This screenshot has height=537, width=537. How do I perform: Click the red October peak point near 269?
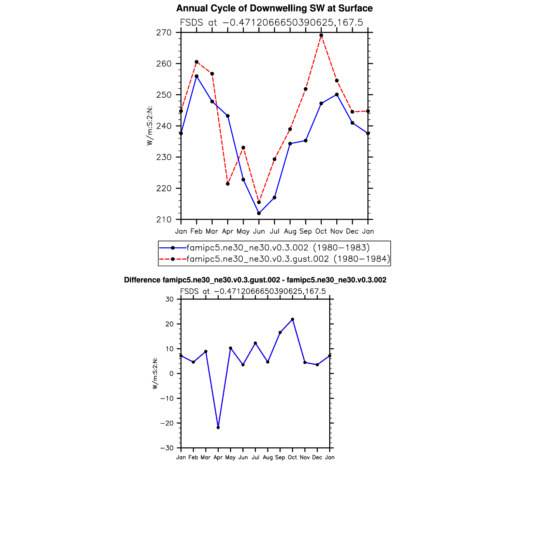[x=321, y=35]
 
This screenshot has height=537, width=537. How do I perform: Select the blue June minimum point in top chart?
[x=259, y=213]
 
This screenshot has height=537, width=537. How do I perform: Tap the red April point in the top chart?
[x=228, y=184]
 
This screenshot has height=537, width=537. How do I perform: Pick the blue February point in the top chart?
[x=197, y=76]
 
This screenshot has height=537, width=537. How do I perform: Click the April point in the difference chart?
[x=218, y=427]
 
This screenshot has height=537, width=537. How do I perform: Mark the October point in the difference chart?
[x=292, y=319]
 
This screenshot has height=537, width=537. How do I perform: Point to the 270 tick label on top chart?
[x=164, y=33]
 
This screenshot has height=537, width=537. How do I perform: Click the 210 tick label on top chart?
[x=164, y=219]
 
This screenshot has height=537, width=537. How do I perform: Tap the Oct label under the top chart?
[x=321, y=231]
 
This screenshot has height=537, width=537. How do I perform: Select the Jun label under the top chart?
[x=259, y=231]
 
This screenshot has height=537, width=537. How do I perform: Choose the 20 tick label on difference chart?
[x=170, y=324]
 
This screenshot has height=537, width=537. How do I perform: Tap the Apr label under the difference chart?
[x=218, y=458]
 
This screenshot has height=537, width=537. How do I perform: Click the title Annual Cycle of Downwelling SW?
[x=274, y=9]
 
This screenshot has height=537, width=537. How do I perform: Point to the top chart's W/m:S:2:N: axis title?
[x=149, y=126]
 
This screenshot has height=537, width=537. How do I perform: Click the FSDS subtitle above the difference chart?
[x=253, y=291]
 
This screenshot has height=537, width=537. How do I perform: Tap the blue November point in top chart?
[x=337, y=95]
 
